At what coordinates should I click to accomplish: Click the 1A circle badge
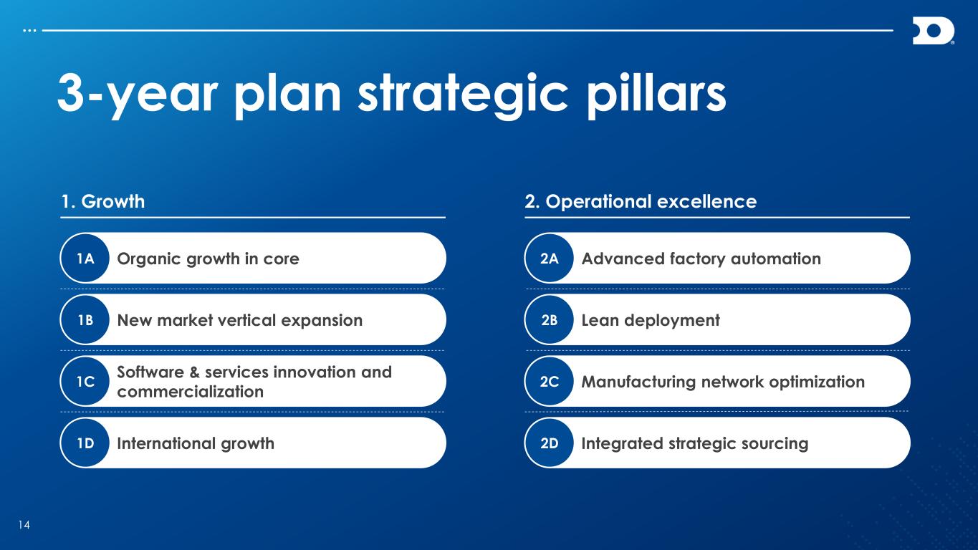[85, 259]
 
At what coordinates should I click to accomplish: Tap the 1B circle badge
[85, 320]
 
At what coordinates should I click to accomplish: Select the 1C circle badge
[85, 382]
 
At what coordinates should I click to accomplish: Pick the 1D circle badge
[85, 443]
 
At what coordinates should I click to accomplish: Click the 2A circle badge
[550, 259]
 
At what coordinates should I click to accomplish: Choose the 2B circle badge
[550, 320]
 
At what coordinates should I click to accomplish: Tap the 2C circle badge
[550, 382]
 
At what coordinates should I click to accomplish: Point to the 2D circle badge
[550, 443]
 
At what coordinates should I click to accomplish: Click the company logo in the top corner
[934, 31]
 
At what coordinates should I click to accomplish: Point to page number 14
[24, 525]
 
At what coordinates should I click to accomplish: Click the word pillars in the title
[656, 95]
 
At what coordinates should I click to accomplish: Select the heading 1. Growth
[103, 202]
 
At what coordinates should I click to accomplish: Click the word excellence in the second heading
[707, 202]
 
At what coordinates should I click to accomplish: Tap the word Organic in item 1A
[149, 259]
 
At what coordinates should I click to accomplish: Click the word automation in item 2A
[776, 259]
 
